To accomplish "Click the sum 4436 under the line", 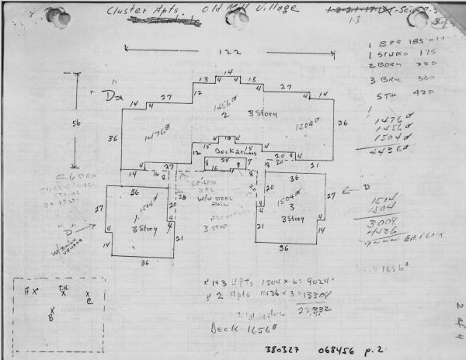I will click(x=387, y=151).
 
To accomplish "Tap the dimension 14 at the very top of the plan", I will click(x=228, y=72).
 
